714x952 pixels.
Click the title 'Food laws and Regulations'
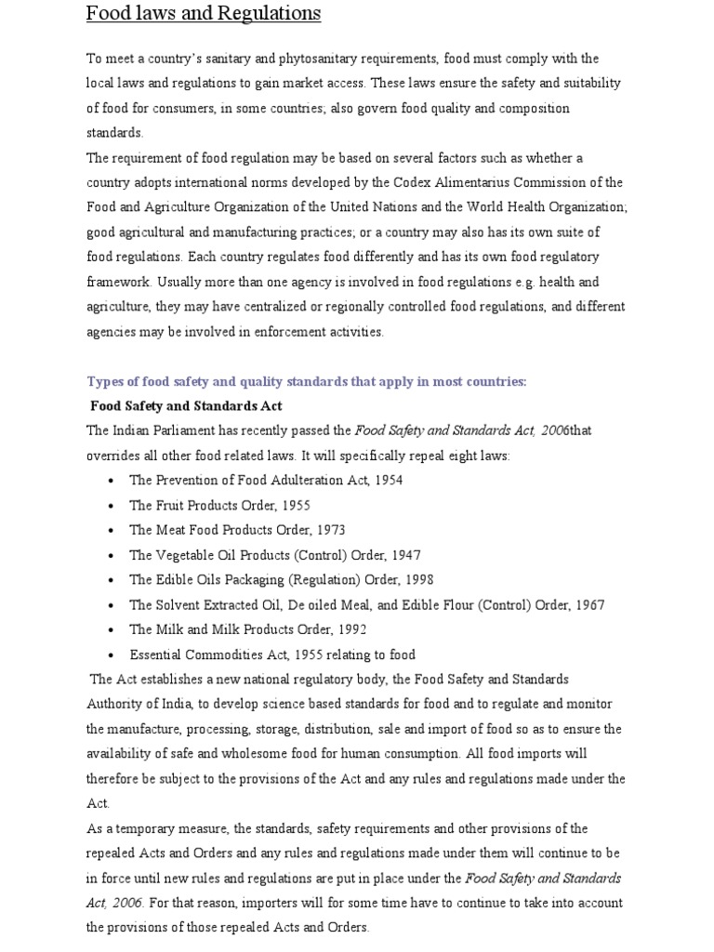[204, 14]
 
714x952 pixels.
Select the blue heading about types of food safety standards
[307, 381]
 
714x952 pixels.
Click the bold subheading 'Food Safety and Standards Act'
[186, 406]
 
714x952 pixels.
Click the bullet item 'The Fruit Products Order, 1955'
[219, 506]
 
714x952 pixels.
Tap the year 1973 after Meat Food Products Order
[330, 530]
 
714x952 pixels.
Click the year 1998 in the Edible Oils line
[418, 579]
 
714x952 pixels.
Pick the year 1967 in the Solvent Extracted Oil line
[589, 605]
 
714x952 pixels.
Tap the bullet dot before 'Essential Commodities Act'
[111, 655]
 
